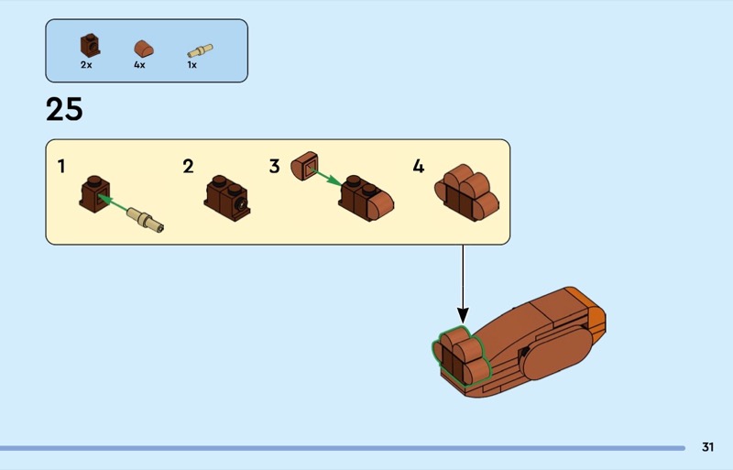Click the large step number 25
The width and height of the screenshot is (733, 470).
64,109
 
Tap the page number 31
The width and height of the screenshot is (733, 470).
707,447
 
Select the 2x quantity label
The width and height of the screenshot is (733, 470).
86,65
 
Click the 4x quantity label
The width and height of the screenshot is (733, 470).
139,65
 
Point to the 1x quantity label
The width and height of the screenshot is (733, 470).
191,65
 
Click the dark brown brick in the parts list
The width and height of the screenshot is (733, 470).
90,46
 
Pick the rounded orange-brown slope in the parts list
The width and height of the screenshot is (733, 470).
145,49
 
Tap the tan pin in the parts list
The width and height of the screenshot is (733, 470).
200,50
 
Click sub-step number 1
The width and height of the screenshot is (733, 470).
61,166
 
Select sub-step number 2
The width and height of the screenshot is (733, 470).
188,166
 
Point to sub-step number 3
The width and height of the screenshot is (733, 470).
274,166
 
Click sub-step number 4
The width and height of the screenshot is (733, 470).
419,166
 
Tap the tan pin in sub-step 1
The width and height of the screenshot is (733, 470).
146,220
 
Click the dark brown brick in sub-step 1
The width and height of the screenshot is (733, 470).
95,194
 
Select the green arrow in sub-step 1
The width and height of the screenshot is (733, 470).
113,203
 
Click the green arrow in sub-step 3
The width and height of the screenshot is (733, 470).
326,178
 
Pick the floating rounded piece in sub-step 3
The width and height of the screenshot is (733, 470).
305,166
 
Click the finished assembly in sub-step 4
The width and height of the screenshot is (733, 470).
467,192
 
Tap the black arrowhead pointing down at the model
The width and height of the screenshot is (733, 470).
463,315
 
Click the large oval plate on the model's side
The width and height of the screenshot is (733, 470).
557,352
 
